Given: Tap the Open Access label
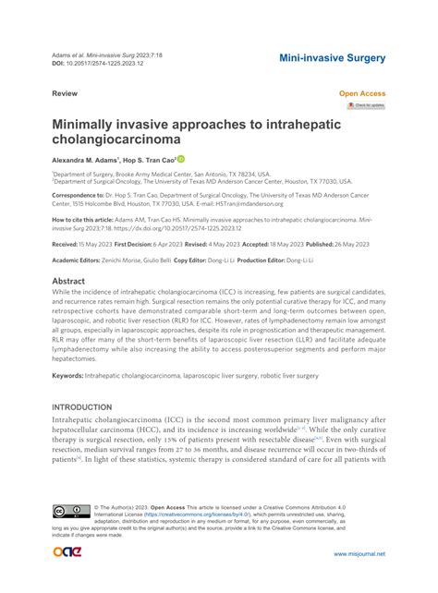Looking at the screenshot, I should (361, 94).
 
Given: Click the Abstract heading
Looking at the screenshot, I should (69, 281).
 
